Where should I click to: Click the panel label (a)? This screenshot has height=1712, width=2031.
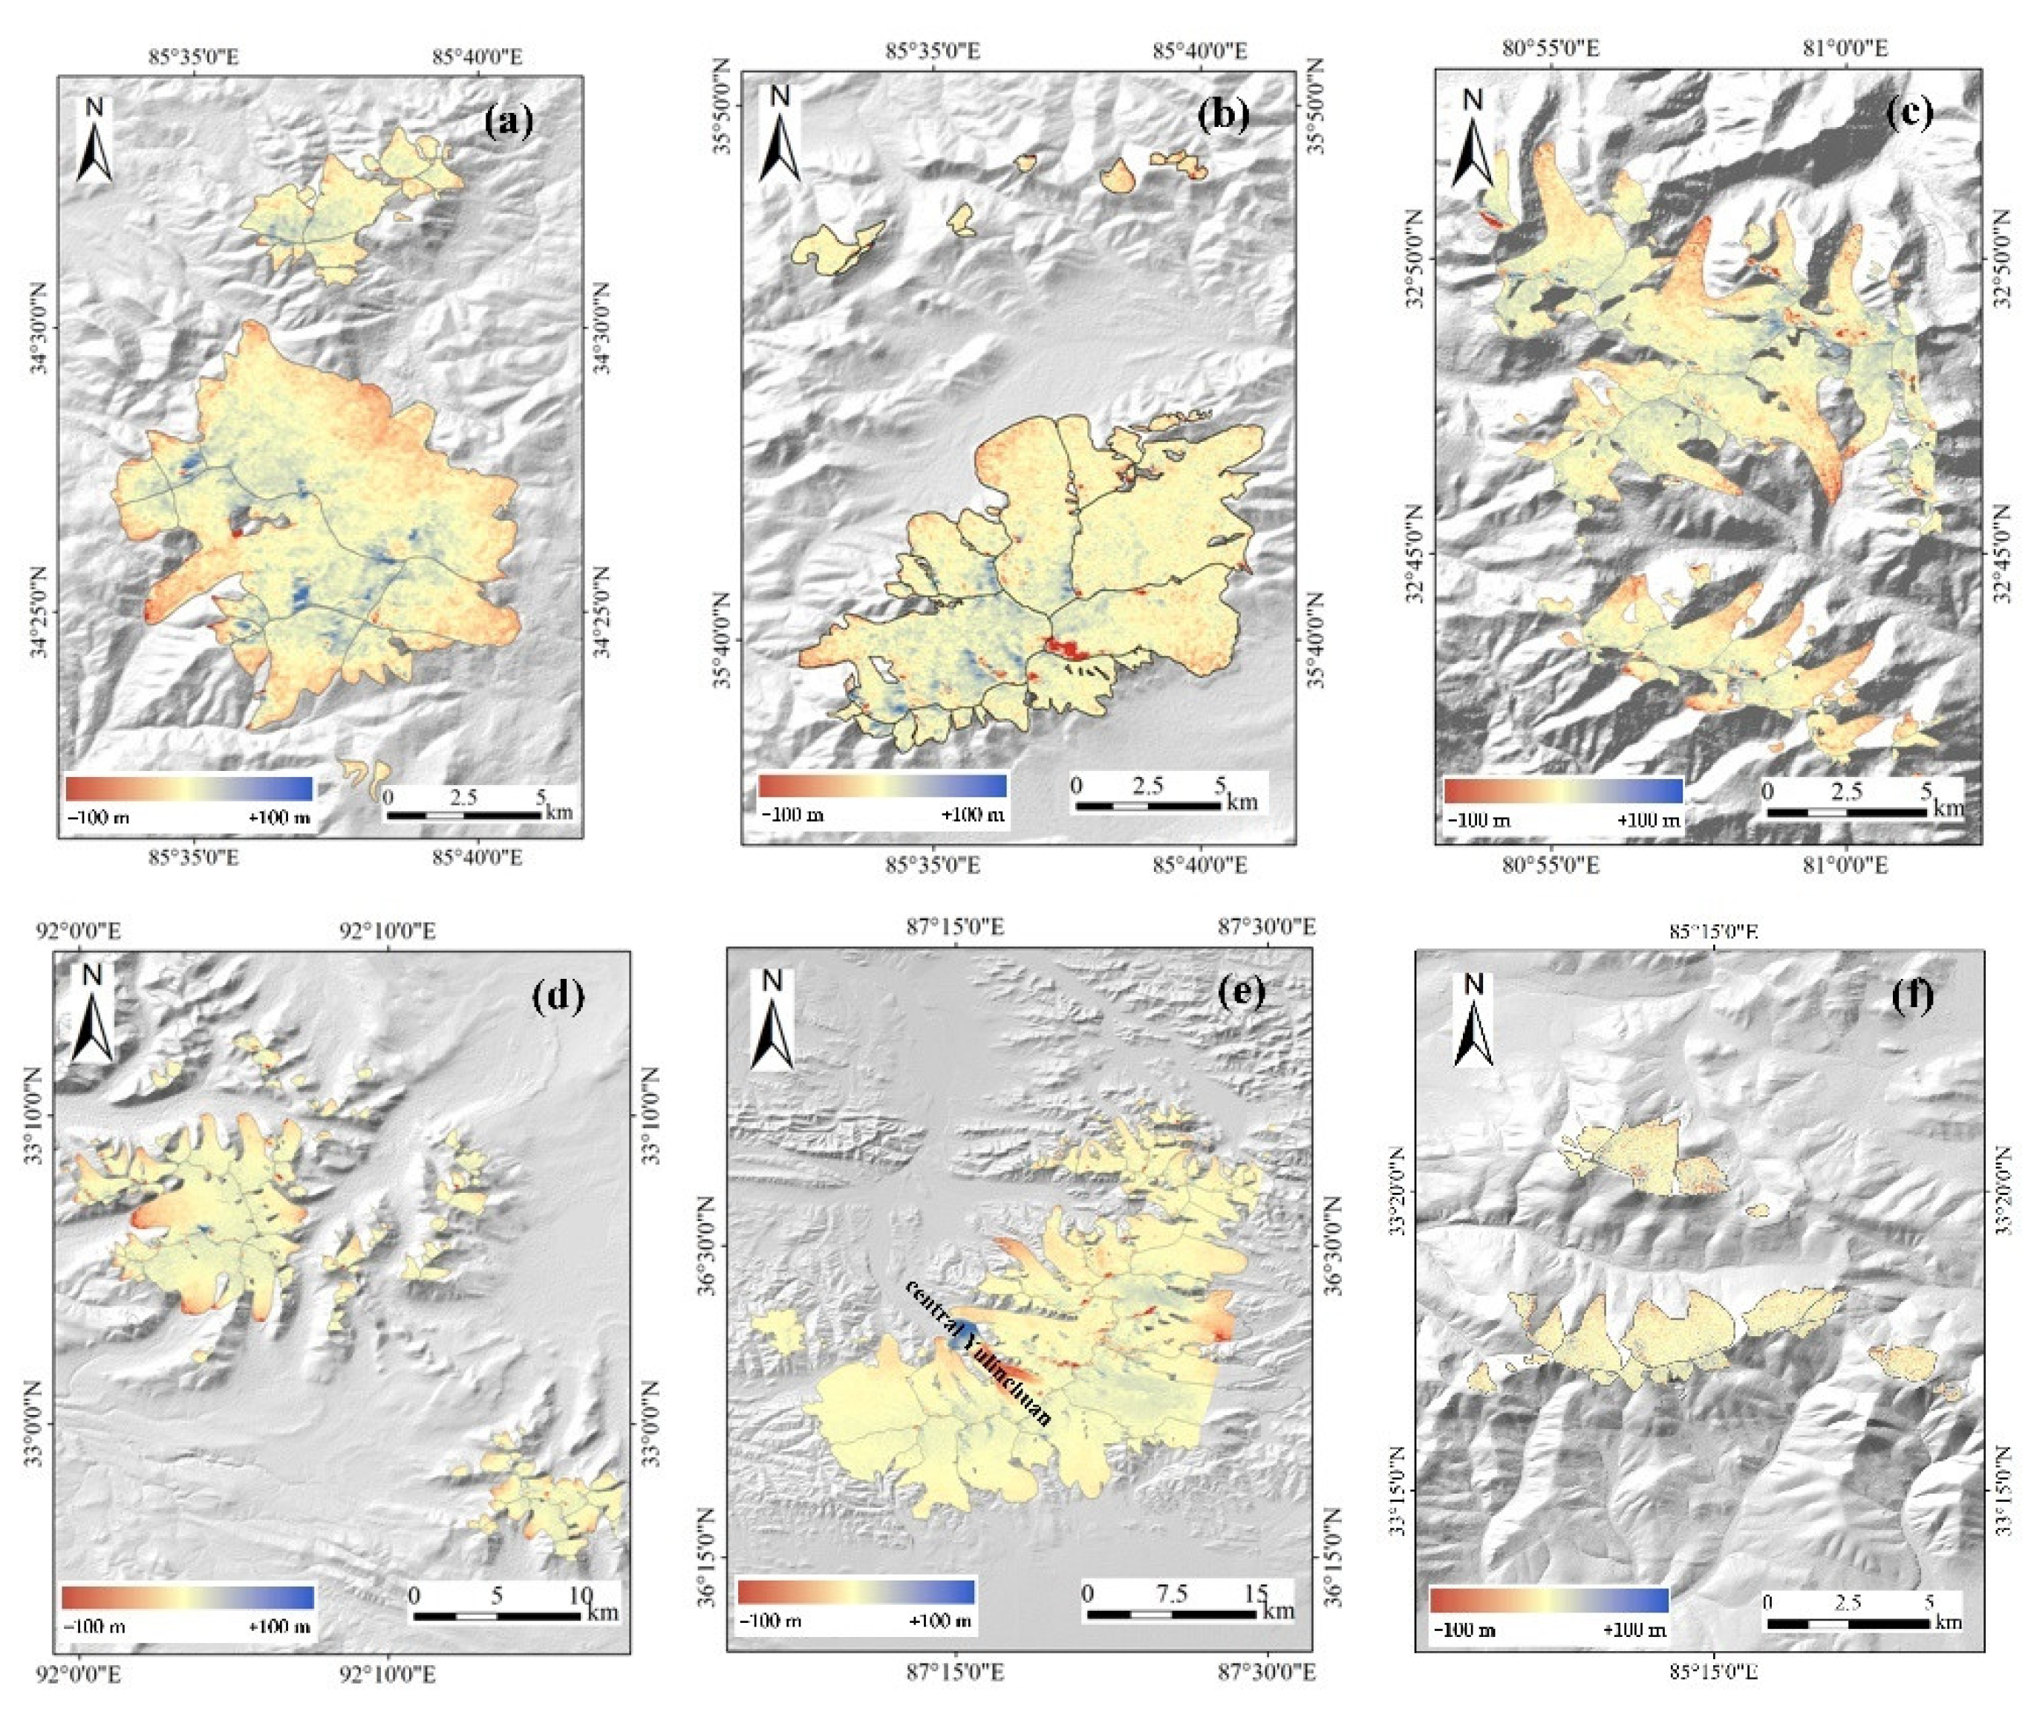click(509, 123)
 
